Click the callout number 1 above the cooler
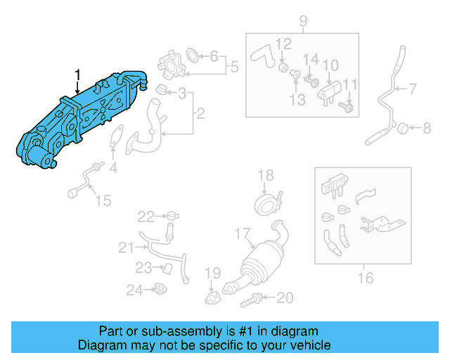(78, 74)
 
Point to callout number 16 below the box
(365, 278)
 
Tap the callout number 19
(212, 273)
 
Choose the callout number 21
(125, 247)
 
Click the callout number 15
(103, 201)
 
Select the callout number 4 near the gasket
(113, 168)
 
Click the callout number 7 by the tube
(413, 89)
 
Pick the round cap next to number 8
(403, 128)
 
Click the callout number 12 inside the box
(283, 44)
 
